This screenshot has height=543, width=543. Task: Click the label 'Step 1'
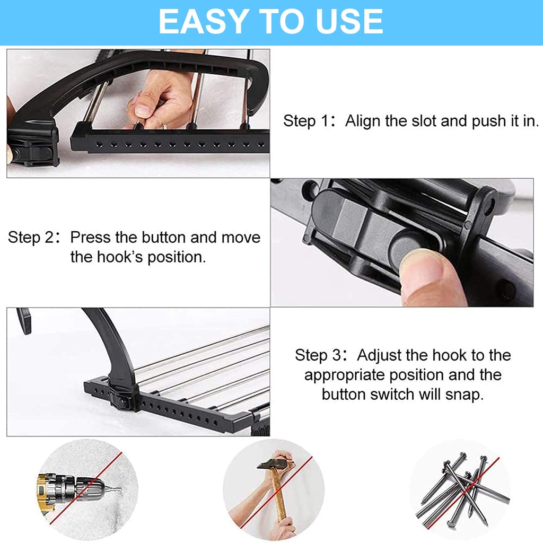[305, 121]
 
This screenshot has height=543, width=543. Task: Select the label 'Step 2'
[30, 238]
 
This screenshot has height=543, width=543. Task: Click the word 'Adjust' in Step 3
[380, 355]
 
